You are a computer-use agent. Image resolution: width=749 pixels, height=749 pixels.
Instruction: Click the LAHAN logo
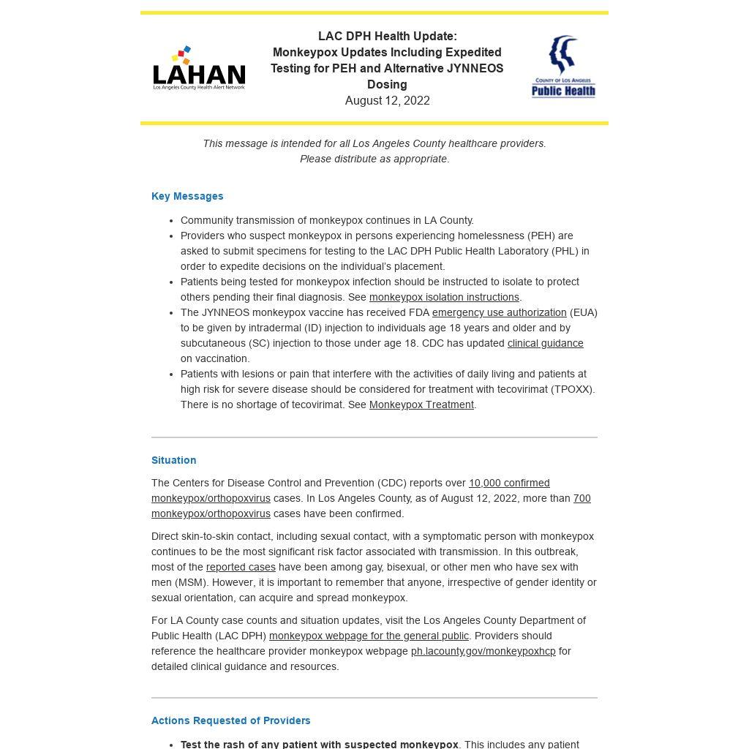point(199,69)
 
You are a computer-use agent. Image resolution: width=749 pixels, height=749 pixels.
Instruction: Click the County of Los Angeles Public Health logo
point(563,67)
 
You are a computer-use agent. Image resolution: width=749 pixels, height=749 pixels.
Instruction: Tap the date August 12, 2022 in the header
point(387,101)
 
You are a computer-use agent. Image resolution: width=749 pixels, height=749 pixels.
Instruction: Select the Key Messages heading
point(187,196)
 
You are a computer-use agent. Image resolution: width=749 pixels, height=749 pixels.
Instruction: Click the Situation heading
point(173,460)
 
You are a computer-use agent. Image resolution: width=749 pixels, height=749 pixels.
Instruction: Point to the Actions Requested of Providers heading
point(230,720)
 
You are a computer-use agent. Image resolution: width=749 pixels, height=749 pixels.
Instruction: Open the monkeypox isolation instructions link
point(444,297)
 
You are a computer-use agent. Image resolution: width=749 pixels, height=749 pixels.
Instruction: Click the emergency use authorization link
point(499,312)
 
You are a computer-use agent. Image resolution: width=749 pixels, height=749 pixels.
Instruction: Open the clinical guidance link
point(545,343)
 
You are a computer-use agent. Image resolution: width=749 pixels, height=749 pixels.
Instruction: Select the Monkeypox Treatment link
point(421,404)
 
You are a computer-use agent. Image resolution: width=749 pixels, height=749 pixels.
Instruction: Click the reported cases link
point(241,567)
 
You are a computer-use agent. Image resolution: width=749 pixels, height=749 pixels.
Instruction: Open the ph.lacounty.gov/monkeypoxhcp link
point(483,651)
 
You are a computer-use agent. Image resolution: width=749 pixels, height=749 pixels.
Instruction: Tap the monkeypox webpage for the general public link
point(369,636)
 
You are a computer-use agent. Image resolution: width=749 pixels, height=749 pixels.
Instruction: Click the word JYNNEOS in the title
point(475,69)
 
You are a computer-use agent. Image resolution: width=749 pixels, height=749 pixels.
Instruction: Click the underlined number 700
point(581,498)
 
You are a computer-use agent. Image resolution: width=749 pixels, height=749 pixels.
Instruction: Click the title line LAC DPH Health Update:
point(387,37)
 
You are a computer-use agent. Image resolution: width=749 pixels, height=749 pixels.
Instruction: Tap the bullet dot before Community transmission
point(172,220)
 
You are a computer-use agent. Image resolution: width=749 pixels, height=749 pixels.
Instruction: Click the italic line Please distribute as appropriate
point(374,159)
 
